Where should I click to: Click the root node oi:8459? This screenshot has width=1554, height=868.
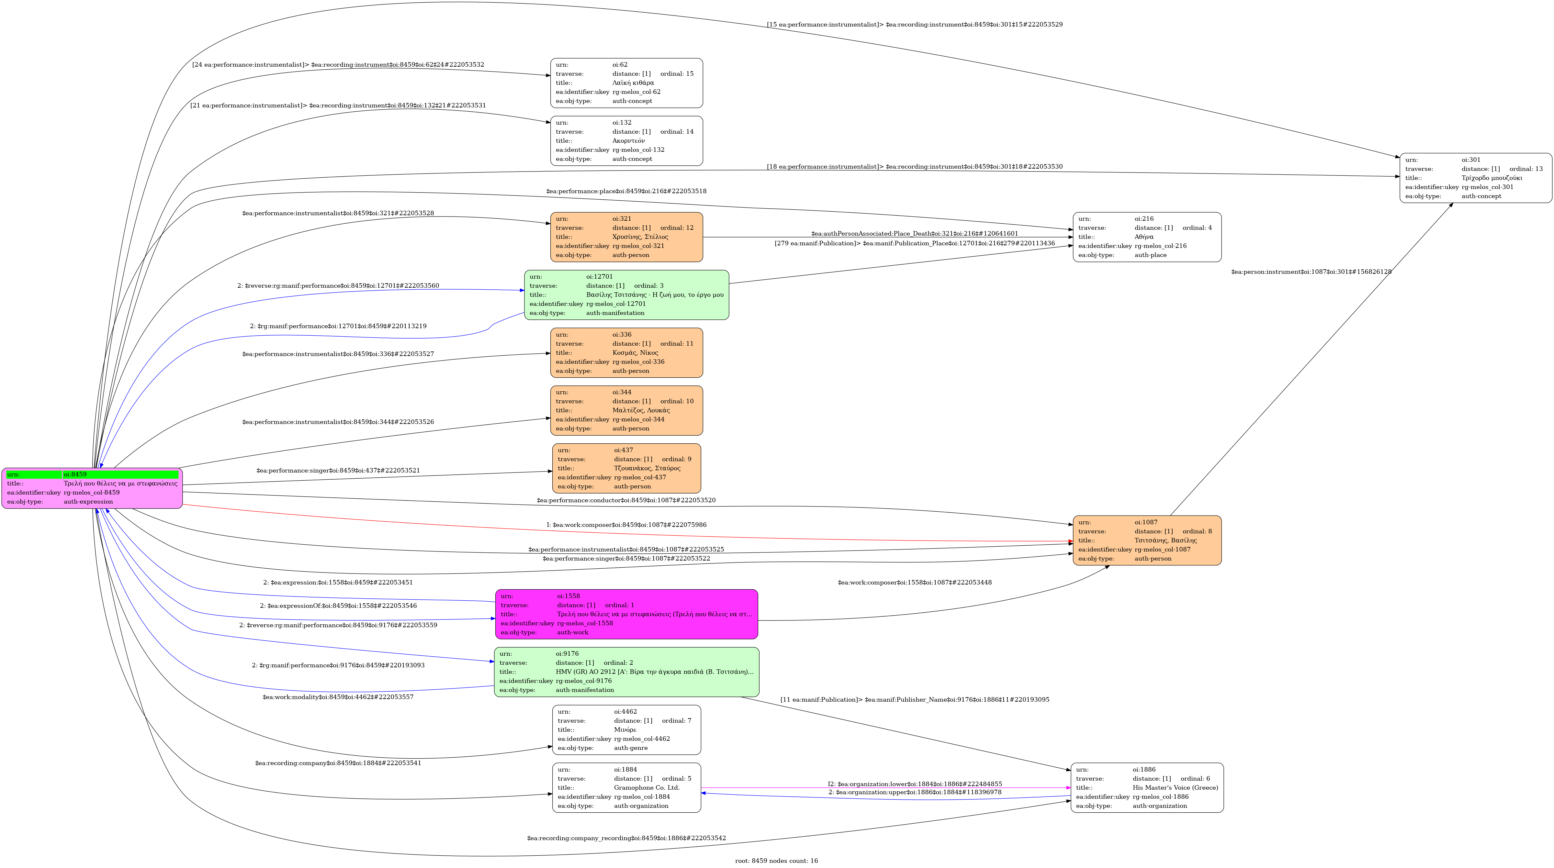tap(92, 488)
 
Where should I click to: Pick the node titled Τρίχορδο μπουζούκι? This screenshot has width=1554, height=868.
tap(1476, 178)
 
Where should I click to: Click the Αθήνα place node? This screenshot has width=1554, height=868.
tap(1147, 237)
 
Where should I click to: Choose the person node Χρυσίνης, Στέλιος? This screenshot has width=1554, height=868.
tap(626, 237)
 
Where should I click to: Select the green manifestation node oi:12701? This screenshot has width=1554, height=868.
tap(626, 295)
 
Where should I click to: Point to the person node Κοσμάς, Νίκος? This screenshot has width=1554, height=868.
tap(626, 353)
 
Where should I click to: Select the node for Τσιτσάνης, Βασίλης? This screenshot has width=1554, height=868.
tap(1147, 540)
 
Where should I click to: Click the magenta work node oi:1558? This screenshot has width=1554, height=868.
tap(626, 614)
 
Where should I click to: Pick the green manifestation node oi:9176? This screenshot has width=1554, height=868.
tap(626, 672)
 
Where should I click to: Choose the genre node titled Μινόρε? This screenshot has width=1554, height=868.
tap(626, 730)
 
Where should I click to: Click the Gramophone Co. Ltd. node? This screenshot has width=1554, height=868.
tap(626, 788)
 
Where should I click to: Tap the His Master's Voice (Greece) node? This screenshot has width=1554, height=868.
tap(1147, 788)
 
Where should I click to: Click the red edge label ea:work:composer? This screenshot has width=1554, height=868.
tap(626, 525)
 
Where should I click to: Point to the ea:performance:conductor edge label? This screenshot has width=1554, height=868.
tap(626, 501)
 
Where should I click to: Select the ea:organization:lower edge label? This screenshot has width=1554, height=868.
tap(915, 784)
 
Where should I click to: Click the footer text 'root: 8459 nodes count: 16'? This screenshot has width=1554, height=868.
tap(776, 861)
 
